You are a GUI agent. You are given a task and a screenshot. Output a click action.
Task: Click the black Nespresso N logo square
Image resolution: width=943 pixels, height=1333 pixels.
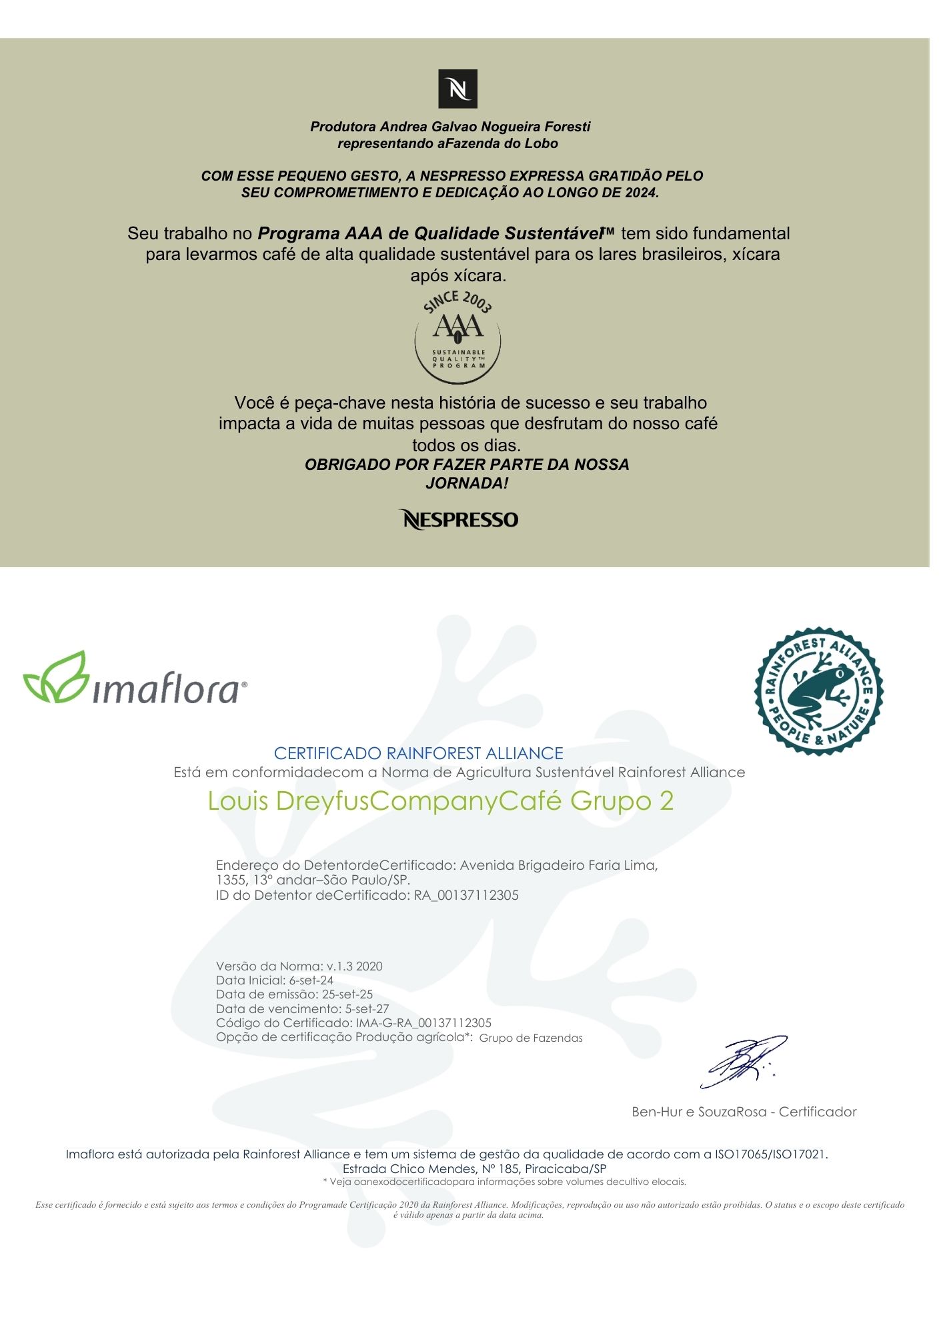click(x=457, y=89)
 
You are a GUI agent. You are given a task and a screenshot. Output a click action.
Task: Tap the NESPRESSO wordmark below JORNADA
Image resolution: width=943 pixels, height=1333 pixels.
click(x=459, y=520)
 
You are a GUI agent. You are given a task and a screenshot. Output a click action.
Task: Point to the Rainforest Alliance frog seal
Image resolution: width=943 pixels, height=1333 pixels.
click(x=818, y=691)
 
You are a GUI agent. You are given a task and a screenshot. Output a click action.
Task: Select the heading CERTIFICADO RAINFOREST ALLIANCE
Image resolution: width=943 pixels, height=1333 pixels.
click(x=418, y=753)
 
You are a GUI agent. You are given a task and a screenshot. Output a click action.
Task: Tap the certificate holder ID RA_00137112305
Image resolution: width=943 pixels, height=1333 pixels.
click(x=466, y=895)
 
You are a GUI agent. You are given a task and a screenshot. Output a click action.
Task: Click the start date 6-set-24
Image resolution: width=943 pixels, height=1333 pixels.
click(x=311, y=980)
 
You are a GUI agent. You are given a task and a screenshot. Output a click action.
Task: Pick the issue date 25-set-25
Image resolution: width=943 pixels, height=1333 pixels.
click(x=347, y=994)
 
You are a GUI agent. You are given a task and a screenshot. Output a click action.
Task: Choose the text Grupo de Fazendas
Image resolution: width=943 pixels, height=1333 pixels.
click(x=531, y=1038)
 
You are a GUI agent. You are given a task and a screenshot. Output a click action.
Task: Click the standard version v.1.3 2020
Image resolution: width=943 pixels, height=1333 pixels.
click(x=355, y=966)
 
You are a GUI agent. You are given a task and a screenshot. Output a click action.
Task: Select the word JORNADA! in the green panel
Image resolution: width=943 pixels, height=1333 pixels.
click(x=467, y=483)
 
